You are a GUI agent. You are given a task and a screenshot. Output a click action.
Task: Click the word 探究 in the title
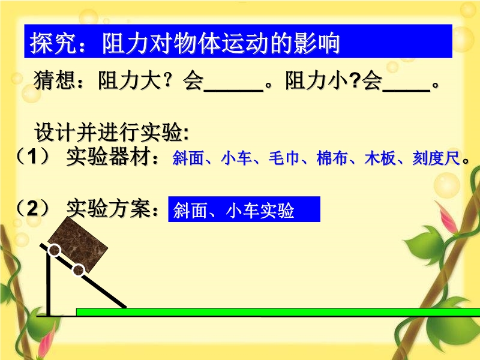53,43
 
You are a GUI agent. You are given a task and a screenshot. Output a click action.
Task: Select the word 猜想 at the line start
54,80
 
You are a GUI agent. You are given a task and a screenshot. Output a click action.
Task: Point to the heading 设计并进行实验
112,132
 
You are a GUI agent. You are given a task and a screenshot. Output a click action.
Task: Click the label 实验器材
108,157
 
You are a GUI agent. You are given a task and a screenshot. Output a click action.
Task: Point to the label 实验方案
108,208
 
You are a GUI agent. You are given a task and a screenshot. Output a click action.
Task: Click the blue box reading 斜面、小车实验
244,209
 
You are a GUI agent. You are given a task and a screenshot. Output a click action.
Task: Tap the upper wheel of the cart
55,250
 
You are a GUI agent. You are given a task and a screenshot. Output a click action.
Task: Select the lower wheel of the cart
79,271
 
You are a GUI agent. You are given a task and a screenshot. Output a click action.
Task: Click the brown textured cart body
78,244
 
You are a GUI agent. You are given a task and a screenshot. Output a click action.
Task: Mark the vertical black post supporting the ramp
49,283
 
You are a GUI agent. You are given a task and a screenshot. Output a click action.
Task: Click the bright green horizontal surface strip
278,312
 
